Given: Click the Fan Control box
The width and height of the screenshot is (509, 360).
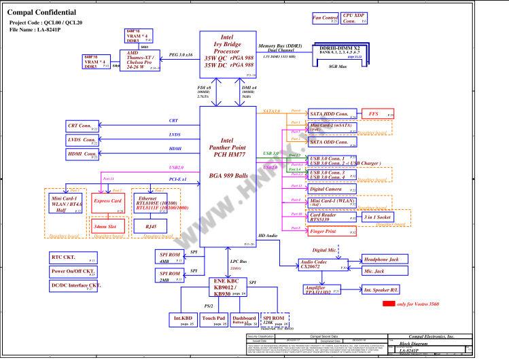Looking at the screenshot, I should tap(326, 18).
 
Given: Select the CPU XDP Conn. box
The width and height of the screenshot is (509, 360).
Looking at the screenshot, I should tap(354, 18).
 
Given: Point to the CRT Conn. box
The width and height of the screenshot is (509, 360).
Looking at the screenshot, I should tap(82, 126).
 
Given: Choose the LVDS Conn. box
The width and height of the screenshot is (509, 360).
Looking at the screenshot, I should tap(82, 141).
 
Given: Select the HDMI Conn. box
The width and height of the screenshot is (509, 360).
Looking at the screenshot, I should tap(82, 155).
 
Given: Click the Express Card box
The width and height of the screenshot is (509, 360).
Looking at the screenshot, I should tap(107, 203).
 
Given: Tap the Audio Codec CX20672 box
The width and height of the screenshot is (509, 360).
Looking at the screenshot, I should tap(323, 265).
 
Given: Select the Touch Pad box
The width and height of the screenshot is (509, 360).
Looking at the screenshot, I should tap(214, 320).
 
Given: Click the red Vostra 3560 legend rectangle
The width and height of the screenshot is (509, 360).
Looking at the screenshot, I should tap(389, 304).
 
